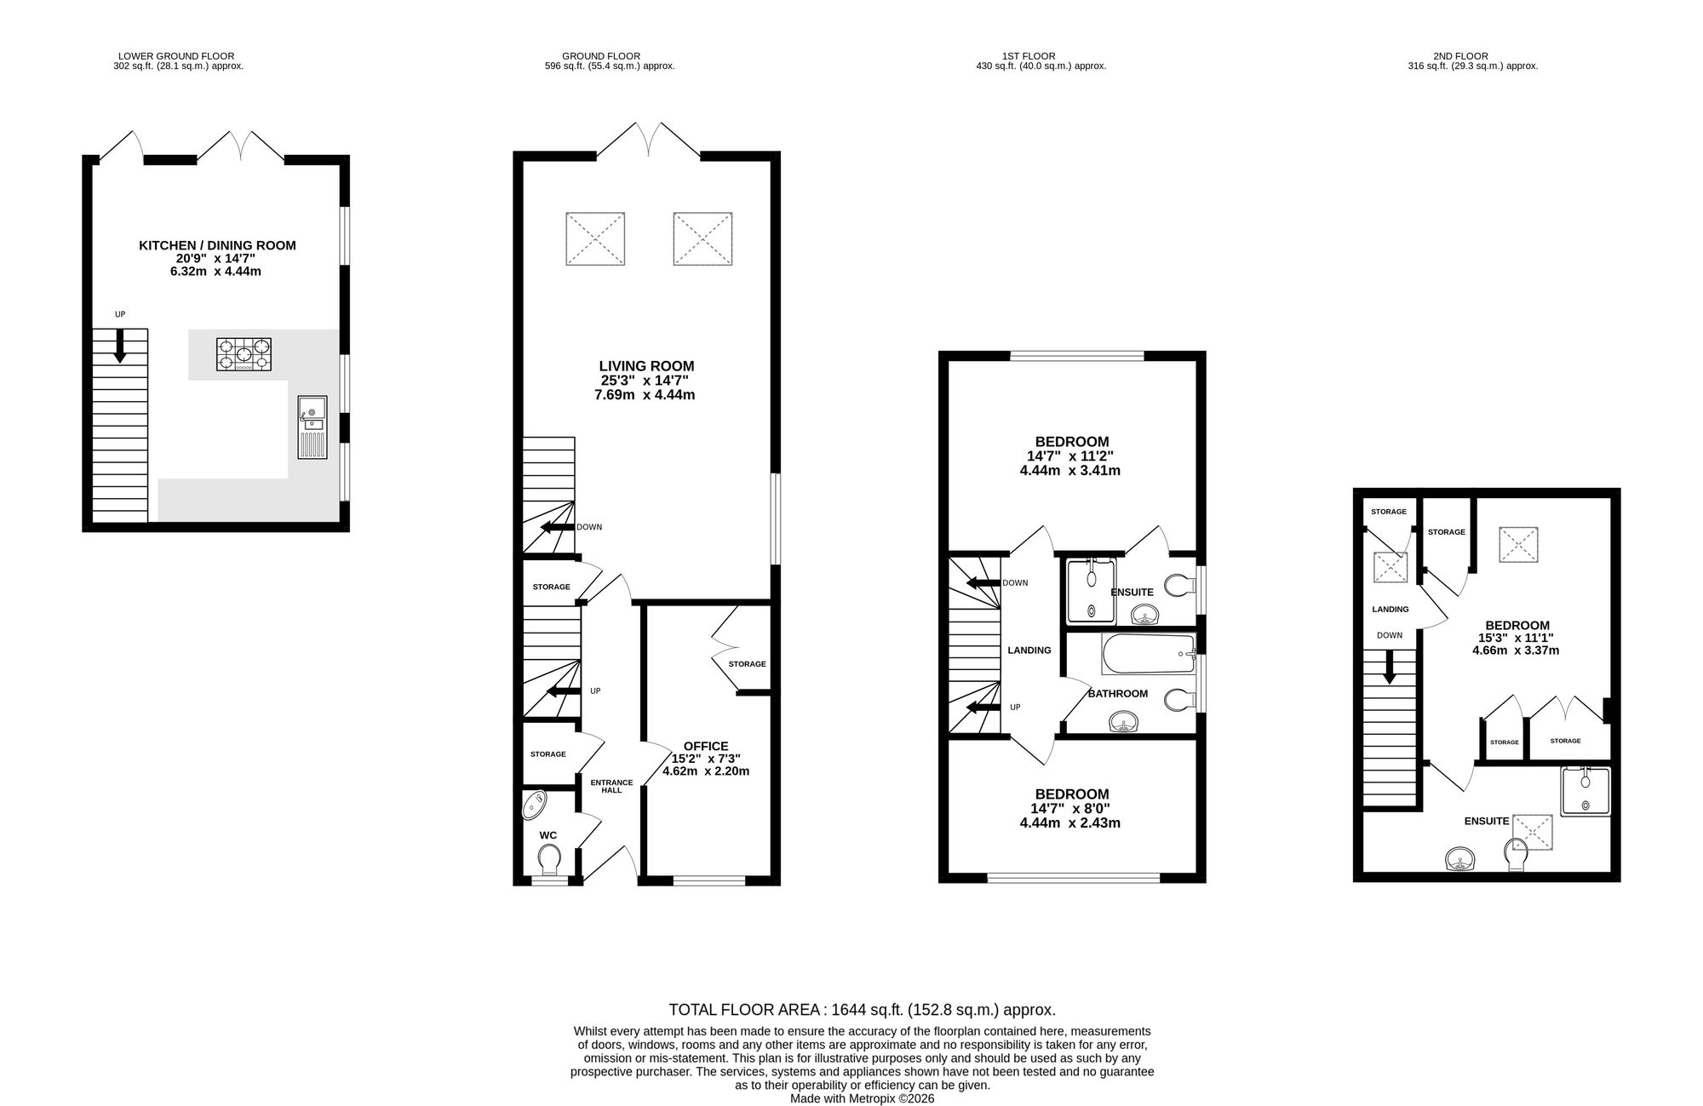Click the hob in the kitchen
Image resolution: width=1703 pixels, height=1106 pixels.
coord(244,354)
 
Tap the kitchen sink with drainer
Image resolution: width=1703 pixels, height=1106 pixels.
coord(312,427)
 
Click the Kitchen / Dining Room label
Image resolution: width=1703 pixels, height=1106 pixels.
coord(217,245)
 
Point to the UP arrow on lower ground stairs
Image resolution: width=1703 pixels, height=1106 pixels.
coord(120,346)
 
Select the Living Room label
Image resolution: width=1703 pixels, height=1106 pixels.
coord(646,366)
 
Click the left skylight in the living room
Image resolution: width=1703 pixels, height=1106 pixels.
coord(595,239)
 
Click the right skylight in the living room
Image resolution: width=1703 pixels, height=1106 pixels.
coord(702,239)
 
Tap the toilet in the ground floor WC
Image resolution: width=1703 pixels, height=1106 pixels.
coord(549,859)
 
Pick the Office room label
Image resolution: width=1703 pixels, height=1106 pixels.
coord(706,747)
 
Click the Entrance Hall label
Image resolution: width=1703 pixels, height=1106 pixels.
coord(611,787)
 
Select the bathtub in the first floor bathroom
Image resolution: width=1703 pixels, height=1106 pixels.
coord(1149,653)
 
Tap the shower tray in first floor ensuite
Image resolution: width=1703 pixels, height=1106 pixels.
coord(1091,591)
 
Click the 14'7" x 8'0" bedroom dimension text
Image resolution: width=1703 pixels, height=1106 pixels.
coord(1069,809)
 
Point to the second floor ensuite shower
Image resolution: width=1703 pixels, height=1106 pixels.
coord(1585,792)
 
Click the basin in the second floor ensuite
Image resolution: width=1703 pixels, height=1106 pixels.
coord(1463,859)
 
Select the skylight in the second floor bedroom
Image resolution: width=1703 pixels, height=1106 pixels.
coord(1518,545)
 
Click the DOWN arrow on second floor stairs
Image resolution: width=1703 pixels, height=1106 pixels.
coord(1390,667)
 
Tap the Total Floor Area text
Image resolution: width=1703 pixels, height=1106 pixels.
coord(862,1010)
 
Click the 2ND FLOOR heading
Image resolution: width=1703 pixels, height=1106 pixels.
coord(1472,56)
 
